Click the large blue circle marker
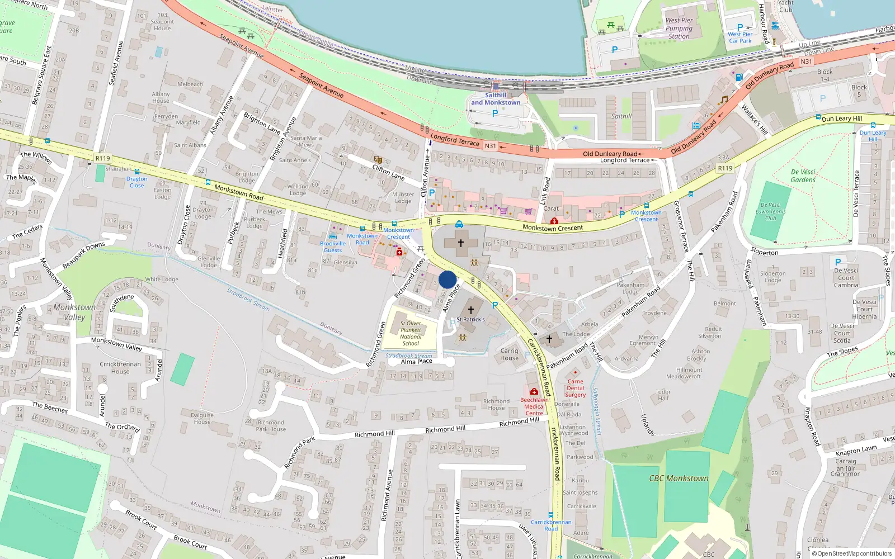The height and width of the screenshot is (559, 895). (447, 279)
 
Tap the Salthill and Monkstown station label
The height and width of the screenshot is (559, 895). (496, 99)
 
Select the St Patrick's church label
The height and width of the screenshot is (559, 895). (470, 320)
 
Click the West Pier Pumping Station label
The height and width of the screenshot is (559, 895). (679, 29)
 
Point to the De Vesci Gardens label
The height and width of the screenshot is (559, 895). (803, 176)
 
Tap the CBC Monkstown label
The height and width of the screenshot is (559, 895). (679, 479)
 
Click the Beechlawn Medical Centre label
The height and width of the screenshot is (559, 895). (534, 406)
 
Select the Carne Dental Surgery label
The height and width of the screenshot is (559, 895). (575, 388)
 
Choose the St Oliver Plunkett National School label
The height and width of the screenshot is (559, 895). (411, 333)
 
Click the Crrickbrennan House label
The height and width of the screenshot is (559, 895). (120, 367)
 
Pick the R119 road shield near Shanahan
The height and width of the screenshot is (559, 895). (103, 159)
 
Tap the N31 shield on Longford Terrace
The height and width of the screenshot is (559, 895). (491, 146)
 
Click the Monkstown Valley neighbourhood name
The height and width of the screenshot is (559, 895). (74, 312)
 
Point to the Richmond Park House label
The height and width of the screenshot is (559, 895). (271, 426)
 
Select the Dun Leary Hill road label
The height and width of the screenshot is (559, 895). (841, 119)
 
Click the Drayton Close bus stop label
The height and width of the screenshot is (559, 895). (136, 182)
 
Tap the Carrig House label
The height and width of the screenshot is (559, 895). (509, 354)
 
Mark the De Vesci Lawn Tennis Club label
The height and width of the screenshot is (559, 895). (771, 212)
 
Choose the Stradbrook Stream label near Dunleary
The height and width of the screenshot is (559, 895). (248, 300)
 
